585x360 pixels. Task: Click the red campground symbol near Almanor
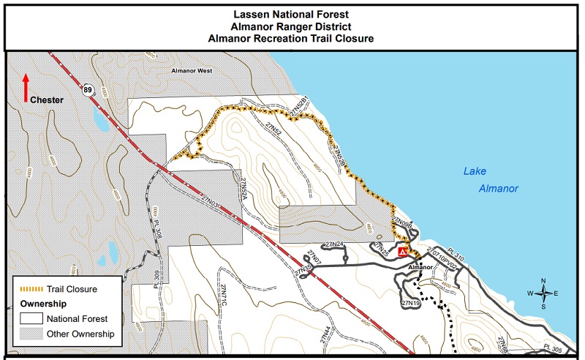[403, 252]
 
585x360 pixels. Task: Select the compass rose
[544, 293]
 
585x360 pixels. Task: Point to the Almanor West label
[191, 71]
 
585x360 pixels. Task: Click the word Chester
[47, 100]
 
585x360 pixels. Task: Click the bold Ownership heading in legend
[43, 303]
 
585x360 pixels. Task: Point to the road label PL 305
[555, 348]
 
